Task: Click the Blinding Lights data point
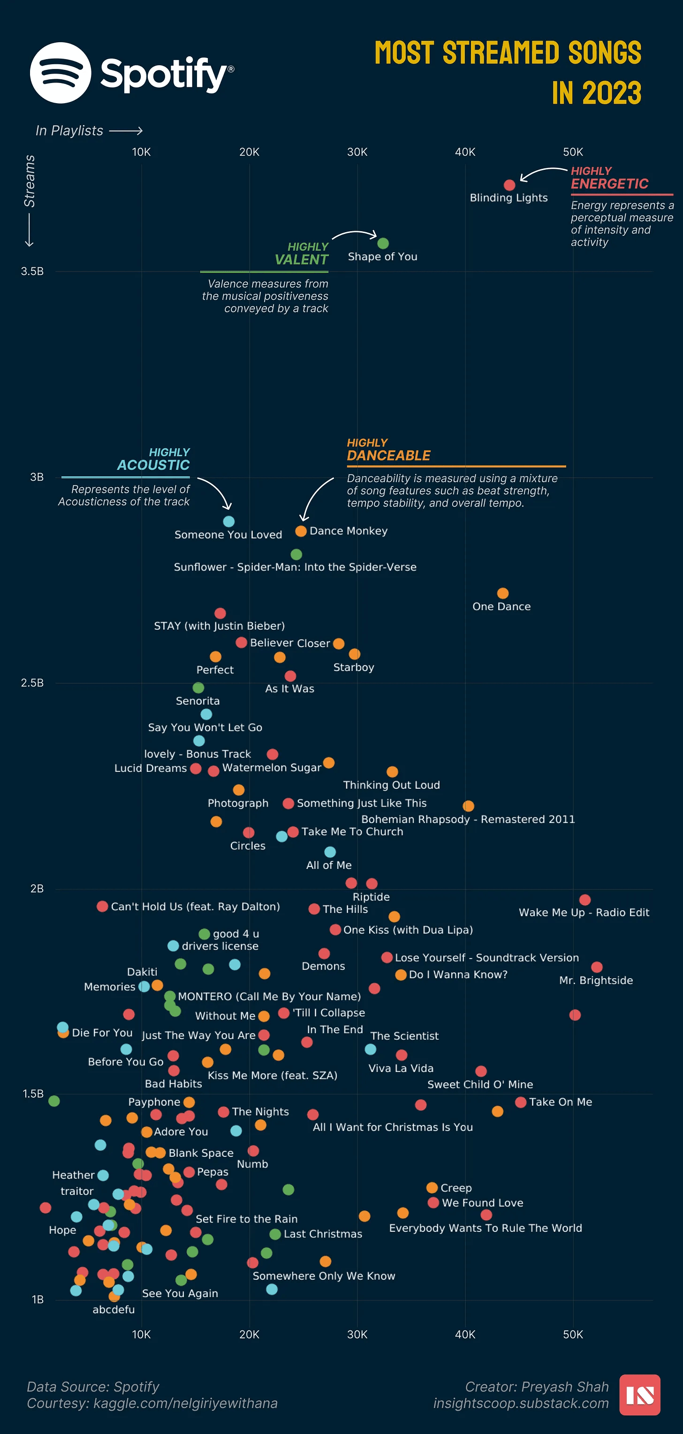[509, 185]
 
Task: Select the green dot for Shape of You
[383, 243]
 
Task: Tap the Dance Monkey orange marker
[301, 531]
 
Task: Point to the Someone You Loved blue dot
[229, 521]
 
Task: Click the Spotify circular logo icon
[61, 73]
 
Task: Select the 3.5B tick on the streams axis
[32, 272]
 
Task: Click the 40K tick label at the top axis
[465, 152]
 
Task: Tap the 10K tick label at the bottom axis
[141, 1335]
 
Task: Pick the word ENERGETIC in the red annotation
[609, 184]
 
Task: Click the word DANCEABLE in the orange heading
[388, 455]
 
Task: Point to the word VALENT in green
[301, 259]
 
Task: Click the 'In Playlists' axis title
[69, 131]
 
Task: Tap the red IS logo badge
[639, 1395]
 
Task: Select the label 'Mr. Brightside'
[596, 981]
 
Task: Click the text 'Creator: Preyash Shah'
[537, 1387]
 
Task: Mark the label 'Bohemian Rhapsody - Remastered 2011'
[468, 819]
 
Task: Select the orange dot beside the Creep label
[432, 1188]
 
